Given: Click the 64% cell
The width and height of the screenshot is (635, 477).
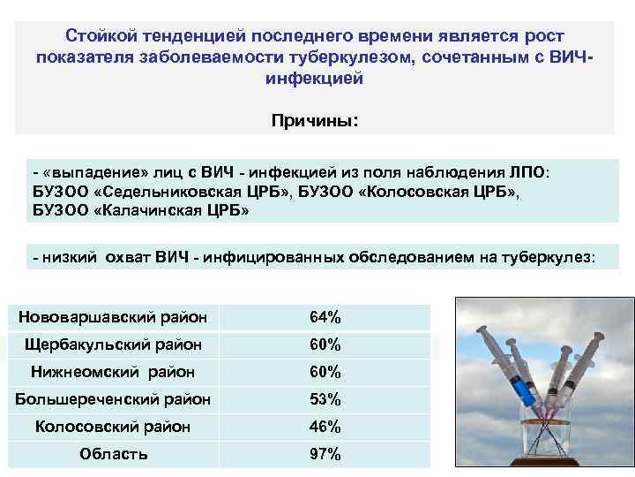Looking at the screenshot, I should click(x=325, y=317).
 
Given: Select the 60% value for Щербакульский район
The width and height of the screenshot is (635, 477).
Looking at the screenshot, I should click(x=325, y=344).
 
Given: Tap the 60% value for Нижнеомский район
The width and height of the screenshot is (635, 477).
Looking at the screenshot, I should click(x=325, y=372).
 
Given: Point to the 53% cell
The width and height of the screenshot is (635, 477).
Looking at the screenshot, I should click(x=325, y=399).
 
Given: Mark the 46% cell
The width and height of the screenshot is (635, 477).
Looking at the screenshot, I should click(x=325, y=427).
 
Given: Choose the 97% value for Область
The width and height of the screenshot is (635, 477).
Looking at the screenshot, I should click(x=325, y=455).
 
